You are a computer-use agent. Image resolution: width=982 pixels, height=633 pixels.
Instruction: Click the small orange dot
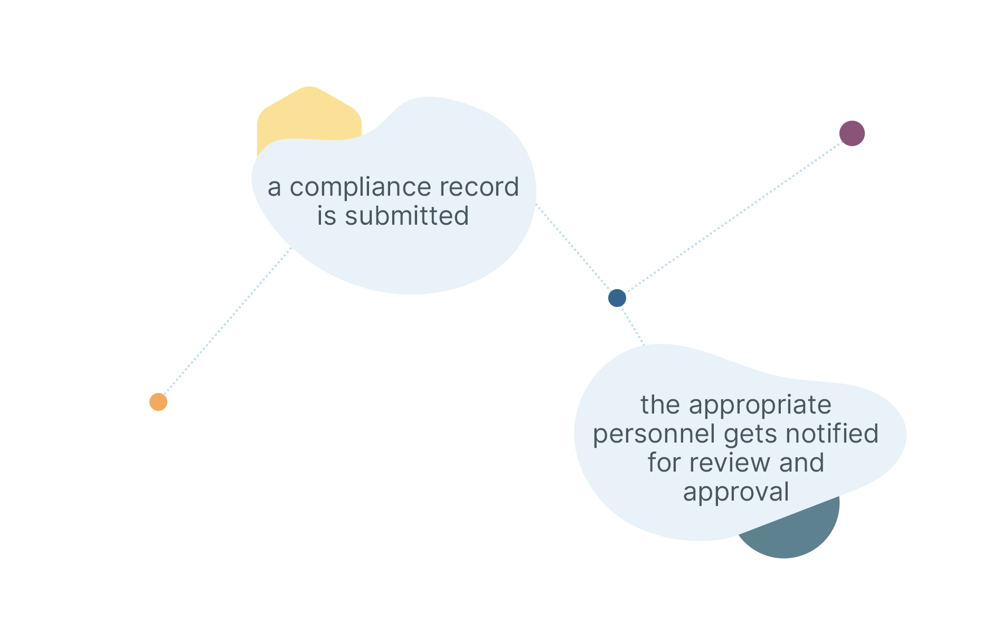[x=158, y=402]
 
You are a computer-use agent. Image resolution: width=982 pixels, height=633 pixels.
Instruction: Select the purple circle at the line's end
[x=852, y=133]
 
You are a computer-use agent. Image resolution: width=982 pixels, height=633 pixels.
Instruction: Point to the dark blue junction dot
[x=617, y=298]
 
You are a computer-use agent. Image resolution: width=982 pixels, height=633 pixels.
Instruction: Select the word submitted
[x=407, y=216]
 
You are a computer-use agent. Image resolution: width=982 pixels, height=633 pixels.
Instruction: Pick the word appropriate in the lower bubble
[x=760, y=406]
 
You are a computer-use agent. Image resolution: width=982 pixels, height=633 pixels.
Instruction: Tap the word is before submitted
[x=326, y=216]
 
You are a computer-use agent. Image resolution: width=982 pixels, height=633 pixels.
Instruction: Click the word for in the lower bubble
[x=664, y=463]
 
